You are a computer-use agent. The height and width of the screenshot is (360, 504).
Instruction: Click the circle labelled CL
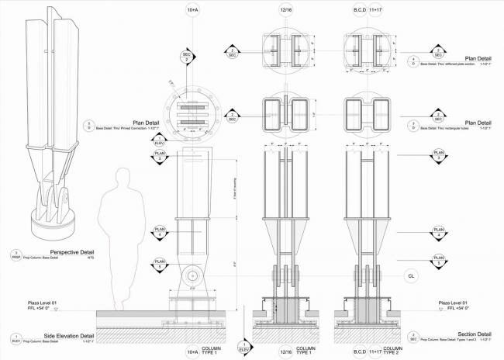pos(410,275)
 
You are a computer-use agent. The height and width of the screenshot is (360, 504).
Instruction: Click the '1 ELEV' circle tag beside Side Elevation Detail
pos(16,337)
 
